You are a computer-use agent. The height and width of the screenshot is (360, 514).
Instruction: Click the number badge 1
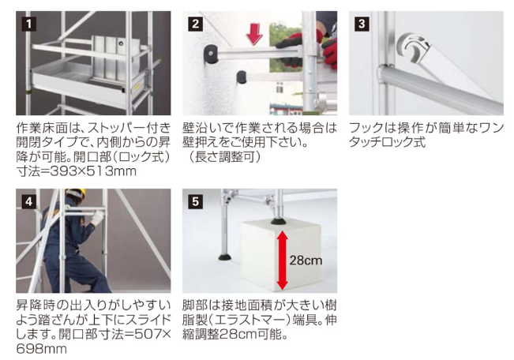[x=29, y=24]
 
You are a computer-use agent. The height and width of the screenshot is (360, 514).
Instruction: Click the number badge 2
[x=195, y=24]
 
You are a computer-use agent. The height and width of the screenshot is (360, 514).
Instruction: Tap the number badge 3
[x=362, y=24]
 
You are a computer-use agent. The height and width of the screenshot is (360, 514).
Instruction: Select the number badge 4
[x=29, y=201]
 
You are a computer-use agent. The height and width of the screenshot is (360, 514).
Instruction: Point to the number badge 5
[x=195, y=201]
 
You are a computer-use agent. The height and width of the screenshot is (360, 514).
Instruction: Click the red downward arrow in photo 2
[x=255, y=34]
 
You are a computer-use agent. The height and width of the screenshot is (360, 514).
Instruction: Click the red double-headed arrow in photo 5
[x=282, y=260]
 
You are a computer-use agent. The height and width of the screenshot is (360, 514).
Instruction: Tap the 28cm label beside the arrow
[x=306, y=261]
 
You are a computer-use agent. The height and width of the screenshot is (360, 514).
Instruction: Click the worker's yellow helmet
[x=76, y=193]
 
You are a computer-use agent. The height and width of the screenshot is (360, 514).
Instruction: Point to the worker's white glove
[x=97, y=218]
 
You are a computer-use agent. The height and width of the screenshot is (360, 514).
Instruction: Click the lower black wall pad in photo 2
[x=242, y=77]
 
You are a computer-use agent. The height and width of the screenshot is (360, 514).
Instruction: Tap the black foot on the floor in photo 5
[x=226, y=257]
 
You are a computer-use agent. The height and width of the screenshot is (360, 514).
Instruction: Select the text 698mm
[x=41, y=349]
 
